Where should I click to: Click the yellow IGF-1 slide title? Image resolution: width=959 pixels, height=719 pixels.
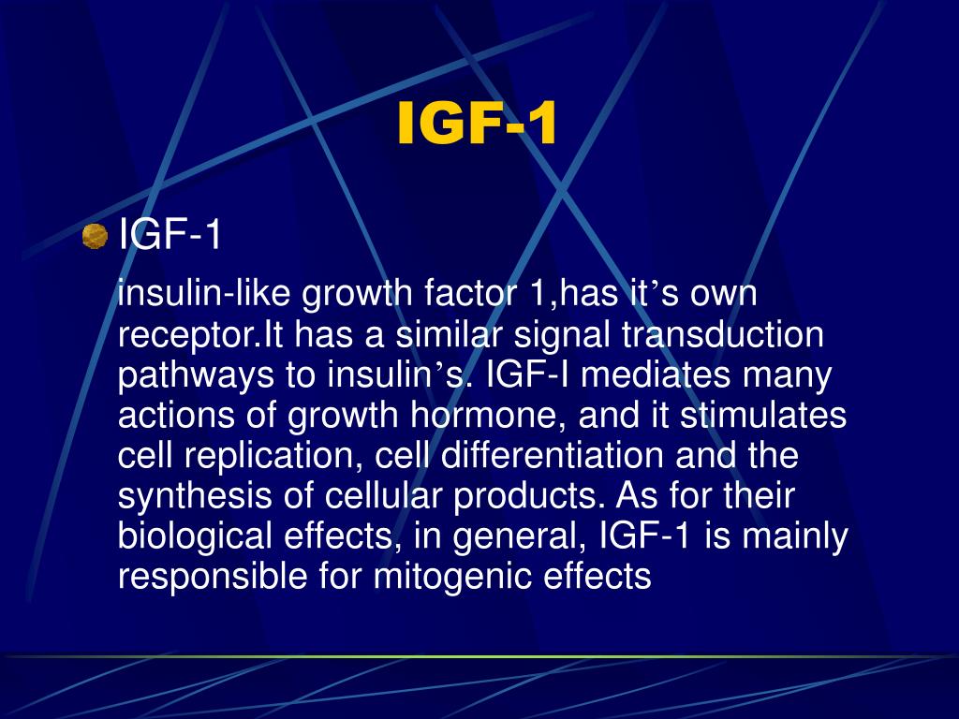pos(478,125)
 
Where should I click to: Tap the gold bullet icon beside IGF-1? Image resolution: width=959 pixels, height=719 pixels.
pos(95,237)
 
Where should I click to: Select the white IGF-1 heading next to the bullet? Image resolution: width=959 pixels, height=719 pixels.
pos(170,235)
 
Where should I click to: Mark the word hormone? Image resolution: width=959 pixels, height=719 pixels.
pos(503,416)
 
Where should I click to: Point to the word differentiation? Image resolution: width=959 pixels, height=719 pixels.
pos(552,456)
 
